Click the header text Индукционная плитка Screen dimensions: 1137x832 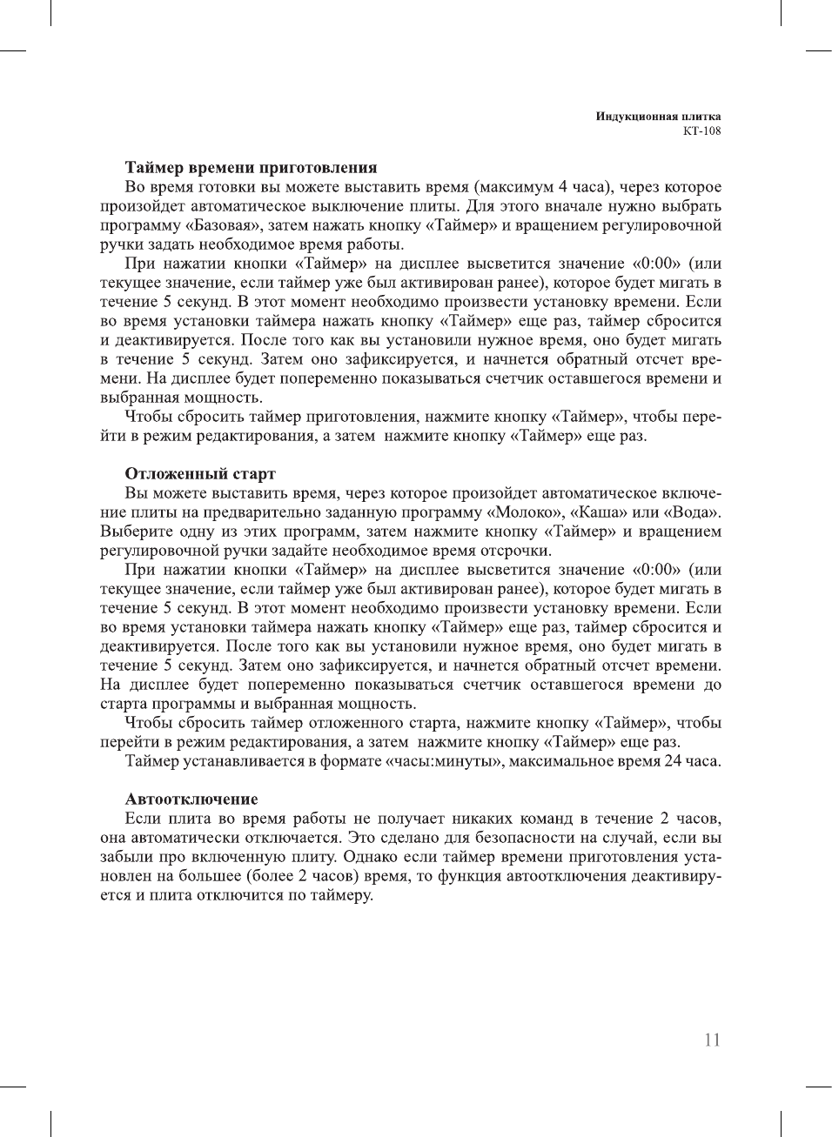click(658, 117)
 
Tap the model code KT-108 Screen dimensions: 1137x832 click(701, 131)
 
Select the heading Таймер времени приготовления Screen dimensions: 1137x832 click(251, 168)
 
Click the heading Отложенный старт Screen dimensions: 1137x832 click(200, 474)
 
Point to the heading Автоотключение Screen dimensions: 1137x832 click(191, 799)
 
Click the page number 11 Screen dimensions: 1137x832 click(712, 1040)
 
